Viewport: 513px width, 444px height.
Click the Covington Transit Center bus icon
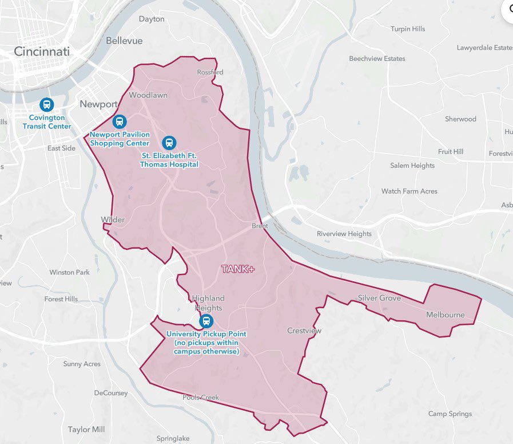47,105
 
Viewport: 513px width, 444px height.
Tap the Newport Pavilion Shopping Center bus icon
120,121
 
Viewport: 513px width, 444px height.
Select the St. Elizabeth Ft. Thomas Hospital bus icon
169,143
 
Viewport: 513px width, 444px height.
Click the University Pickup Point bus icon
206,321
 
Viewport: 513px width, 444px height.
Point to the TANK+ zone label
237,269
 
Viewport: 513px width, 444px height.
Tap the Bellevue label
124,41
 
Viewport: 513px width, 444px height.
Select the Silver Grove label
379,298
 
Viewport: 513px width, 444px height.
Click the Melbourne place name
446,315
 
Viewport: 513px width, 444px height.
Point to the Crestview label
304,331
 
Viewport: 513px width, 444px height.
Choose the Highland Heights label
208,303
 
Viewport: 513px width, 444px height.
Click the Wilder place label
113,219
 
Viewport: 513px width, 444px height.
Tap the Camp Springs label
450,414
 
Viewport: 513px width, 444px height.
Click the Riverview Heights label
344,234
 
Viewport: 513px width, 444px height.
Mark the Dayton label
152,19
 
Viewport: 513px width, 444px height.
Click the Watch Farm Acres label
409,191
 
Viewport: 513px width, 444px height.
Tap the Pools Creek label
201,397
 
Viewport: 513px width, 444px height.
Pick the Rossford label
210,72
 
